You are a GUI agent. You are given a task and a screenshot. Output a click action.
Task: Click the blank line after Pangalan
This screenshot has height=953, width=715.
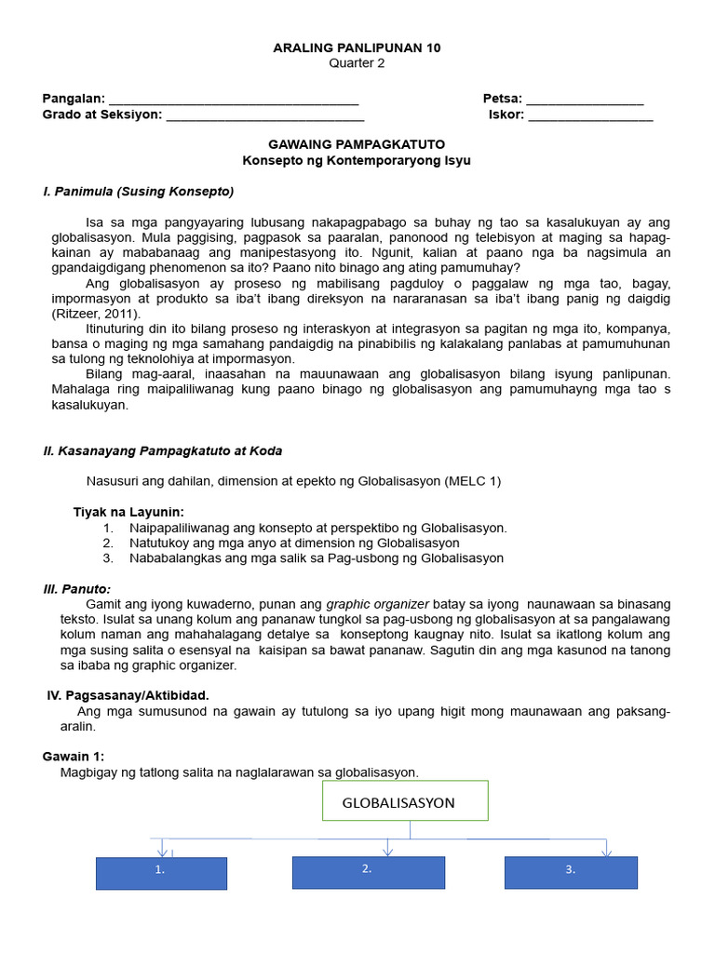tap(234, 101)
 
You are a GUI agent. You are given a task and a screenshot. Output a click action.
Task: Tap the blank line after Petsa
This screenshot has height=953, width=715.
tap(585, 101)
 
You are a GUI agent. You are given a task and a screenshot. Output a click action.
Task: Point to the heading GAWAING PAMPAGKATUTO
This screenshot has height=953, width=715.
tap(357, 144)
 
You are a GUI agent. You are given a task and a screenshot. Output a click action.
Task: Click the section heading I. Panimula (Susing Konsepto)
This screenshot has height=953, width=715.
tap(139, 192)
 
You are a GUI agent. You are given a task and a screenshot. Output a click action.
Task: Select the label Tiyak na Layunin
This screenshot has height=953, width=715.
tap(128, 512)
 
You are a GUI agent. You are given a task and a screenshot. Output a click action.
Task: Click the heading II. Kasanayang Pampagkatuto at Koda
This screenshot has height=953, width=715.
tap(163, 450)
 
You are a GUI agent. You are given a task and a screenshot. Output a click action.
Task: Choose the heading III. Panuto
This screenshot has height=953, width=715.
tap(77, 589)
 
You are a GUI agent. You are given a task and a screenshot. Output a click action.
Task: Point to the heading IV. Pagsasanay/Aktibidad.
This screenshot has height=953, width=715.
tap(128, 695)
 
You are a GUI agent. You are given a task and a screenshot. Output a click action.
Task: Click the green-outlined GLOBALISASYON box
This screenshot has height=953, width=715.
tap(405, 801)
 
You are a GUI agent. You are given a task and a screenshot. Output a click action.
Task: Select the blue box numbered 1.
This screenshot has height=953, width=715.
tap(161, 873)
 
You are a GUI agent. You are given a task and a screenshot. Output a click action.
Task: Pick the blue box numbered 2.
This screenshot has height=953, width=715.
tap(369, 871)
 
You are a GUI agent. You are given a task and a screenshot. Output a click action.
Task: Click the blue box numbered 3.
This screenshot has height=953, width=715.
tap(571, 872)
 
